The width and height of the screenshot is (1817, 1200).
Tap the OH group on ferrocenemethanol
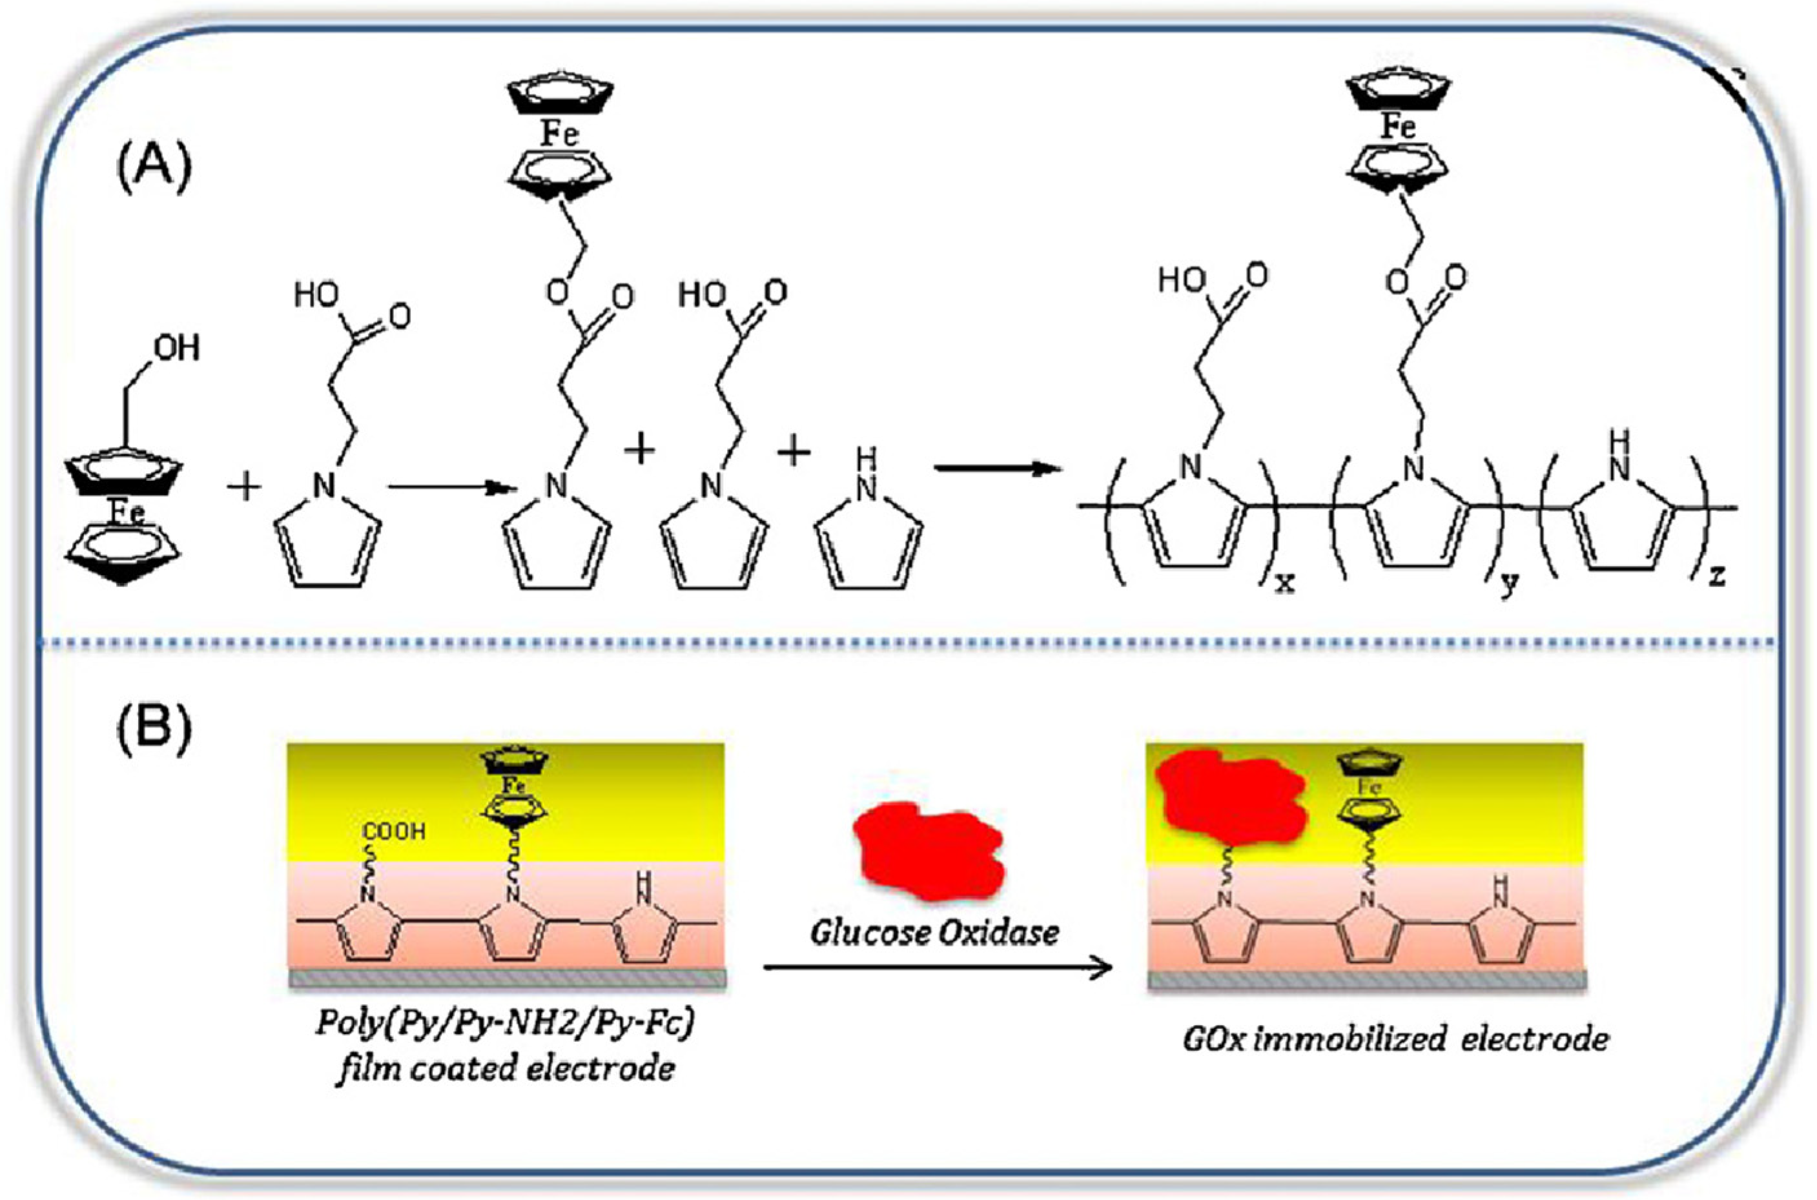[177, 349]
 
